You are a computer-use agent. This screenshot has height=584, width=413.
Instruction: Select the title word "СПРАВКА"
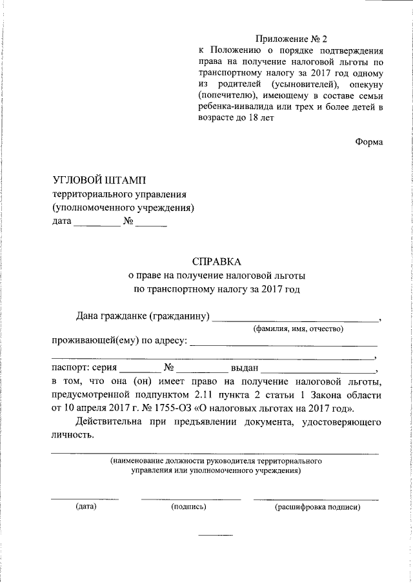(216, 262)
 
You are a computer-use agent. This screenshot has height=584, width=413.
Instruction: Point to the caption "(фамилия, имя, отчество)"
(297, 328)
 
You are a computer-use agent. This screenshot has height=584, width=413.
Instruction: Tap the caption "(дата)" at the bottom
(86, 507)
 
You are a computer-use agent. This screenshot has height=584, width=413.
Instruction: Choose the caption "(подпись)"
(188, 507)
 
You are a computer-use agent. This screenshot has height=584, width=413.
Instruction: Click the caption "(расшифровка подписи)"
(316, 507)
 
